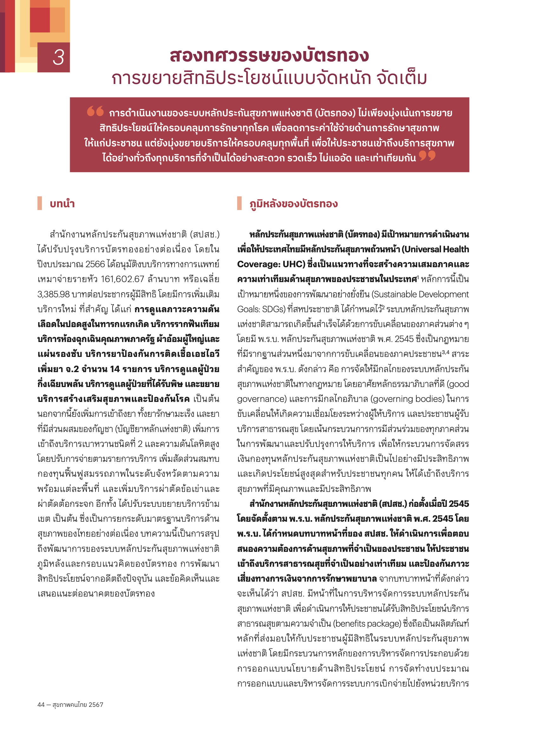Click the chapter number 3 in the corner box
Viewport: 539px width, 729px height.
(58, 57)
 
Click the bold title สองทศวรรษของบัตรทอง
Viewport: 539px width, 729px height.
(269, 55)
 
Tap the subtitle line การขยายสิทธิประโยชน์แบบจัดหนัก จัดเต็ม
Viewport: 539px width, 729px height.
(269, 79)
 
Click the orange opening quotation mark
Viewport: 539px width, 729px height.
(95, 111)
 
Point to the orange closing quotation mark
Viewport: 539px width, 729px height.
(427, 156)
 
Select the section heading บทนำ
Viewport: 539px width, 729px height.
(62, 203)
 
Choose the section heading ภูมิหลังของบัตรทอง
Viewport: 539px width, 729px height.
(293, 203)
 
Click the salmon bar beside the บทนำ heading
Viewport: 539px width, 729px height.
(40, 203)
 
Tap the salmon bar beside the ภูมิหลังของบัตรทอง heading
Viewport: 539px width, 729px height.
(239, 203)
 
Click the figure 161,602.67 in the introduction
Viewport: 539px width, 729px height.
(122, 279)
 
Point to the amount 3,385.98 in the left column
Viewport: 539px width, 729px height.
(53, 294)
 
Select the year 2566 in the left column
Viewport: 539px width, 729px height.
(95, 264)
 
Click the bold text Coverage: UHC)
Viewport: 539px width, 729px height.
(270, 264)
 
